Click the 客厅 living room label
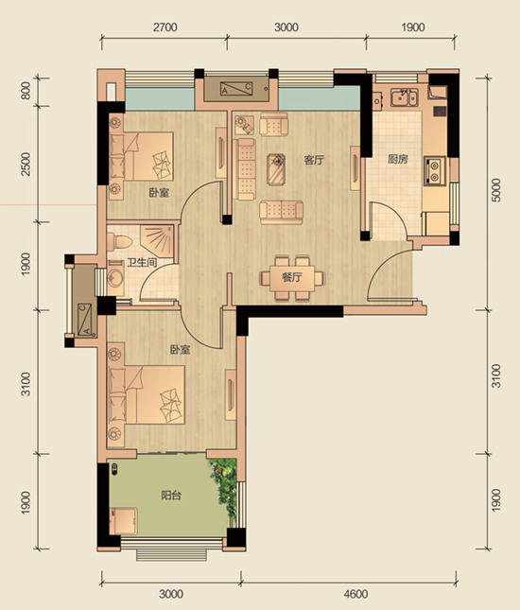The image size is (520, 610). tap(314, 160)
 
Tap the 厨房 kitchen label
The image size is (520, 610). tap(397, 159)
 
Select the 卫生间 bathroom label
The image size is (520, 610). tap(142, 262)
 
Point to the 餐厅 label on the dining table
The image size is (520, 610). tap(292, 277)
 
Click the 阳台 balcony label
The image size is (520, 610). tap(171, 496)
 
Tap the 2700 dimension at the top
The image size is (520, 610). tap(165, 27)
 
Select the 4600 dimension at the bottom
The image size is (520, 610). tap(355, 594)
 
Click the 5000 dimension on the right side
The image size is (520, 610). tap(496, 190)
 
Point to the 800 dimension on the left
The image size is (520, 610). tap(26, 91)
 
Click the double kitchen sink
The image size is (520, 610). tap(405, 97)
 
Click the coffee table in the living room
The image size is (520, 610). tap(276, 169)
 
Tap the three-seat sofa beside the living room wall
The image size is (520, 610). tap(244, 169)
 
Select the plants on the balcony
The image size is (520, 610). tap(224, 488)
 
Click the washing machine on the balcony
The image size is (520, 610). tap(123, 520)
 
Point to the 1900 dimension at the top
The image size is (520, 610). tap(412, 27)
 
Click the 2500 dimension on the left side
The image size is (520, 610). tap(26, 164)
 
